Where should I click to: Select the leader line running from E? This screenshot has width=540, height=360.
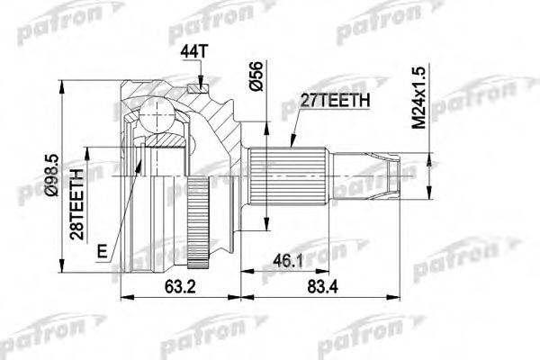pyautogui.click(x=121, y=207)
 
